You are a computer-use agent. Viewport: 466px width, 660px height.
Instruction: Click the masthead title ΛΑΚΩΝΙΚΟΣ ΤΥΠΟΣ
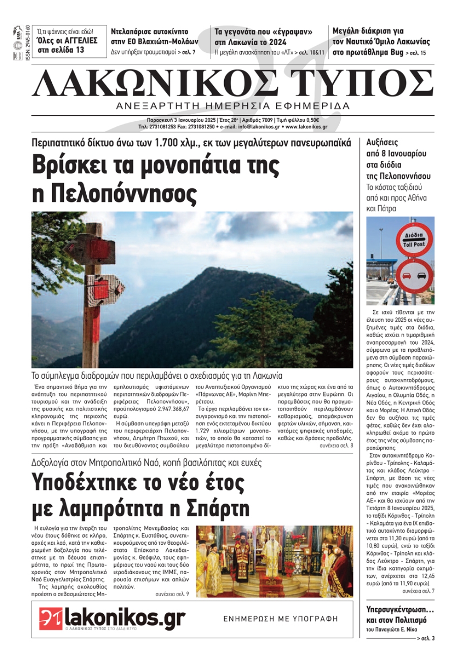(233, 83)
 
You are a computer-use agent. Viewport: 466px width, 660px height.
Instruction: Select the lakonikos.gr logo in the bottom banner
(112, 618)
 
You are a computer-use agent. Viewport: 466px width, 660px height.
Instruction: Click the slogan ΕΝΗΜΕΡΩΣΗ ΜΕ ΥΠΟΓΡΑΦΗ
(281, 619)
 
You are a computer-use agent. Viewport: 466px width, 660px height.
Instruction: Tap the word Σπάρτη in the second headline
(218, 508)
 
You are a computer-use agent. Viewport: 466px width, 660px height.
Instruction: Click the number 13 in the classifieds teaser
(79, 50)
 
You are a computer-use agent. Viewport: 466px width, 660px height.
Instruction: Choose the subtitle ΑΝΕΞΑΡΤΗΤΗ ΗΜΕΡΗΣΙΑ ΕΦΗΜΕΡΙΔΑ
(233, 106)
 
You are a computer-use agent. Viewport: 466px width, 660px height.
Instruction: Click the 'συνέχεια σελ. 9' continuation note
(172, 594)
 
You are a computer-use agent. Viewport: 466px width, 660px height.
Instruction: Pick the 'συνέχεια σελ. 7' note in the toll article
(418, 591)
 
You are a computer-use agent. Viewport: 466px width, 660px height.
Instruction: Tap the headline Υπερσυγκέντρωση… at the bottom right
(400, 610)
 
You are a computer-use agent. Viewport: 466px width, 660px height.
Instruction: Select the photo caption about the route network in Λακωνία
(157, 375)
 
